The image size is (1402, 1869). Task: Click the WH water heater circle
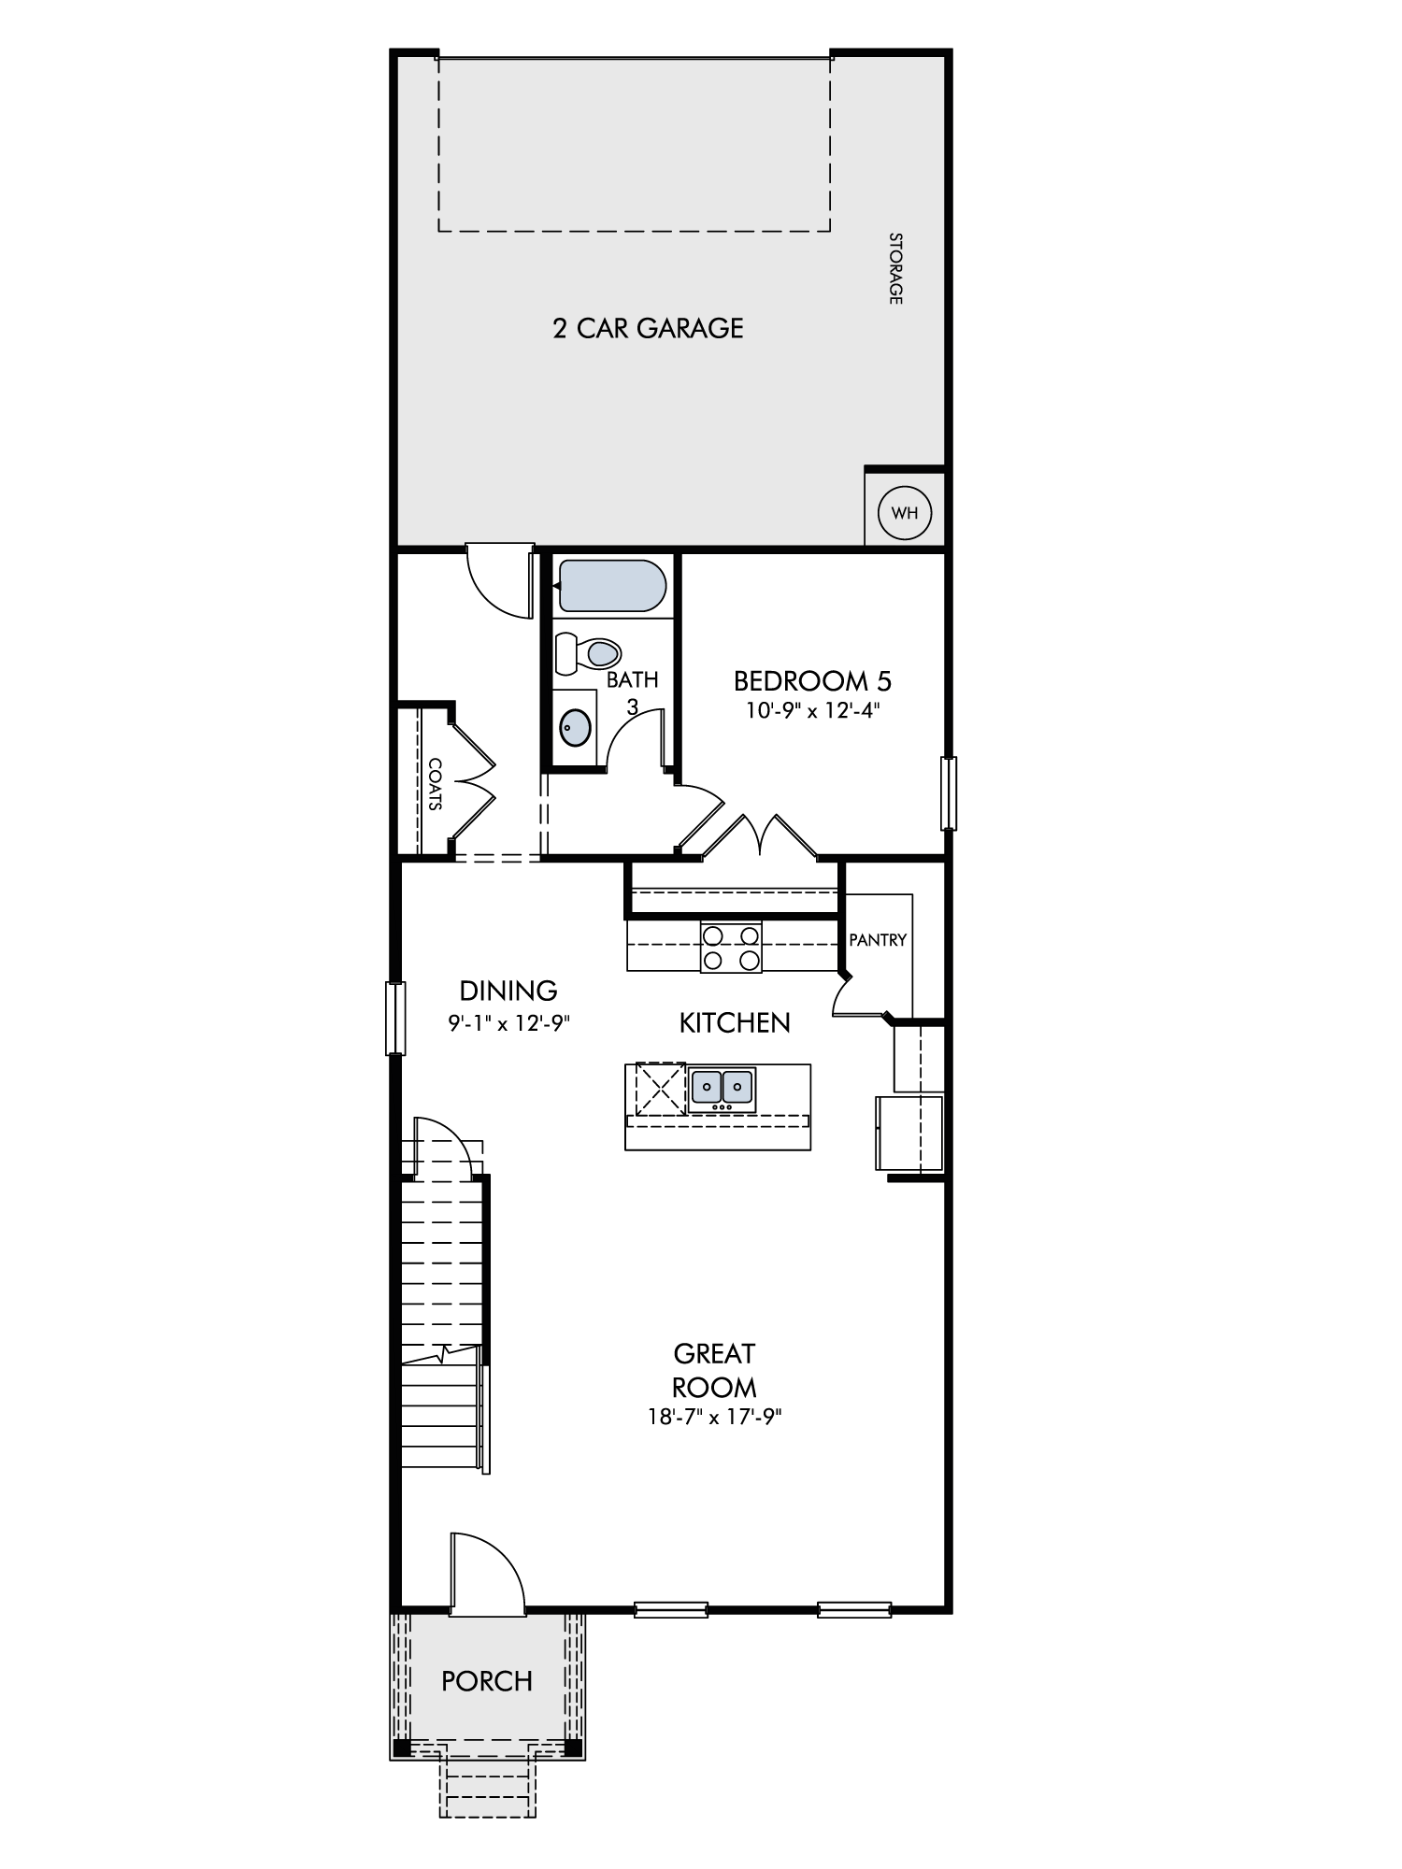[905, 512]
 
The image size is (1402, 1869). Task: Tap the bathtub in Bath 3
[610, 586]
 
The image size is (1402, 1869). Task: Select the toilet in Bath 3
[588, 653]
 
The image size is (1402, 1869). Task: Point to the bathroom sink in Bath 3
[576, 726]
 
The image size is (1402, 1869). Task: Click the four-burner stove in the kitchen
[731, 947]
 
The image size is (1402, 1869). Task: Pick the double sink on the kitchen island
[722, 1088]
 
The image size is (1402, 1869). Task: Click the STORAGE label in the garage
[895, 268]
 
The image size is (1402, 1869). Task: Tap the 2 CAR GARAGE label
[648, 328]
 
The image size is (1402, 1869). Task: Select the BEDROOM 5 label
[813, 679]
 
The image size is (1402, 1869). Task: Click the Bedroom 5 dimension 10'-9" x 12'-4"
[813, 710]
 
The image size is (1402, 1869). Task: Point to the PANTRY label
[878, 940]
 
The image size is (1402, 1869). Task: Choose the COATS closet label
[435, 783]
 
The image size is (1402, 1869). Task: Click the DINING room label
[508, 990]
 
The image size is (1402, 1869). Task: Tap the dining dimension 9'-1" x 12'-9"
[509, 1023]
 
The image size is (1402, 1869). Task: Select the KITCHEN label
[735, 1023]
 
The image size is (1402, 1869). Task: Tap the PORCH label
[487, 1681]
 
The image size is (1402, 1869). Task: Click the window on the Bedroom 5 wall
[949, 793]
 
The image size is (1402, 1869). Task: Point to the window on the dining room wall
[396, 1018]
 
